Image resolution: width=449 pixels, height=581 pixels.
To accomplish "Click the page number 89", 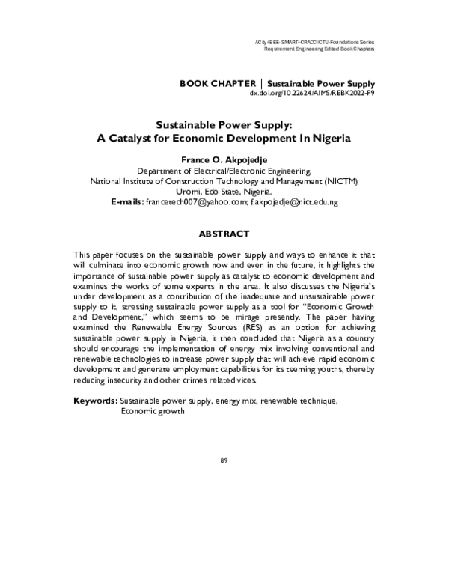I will (x=224, y=459).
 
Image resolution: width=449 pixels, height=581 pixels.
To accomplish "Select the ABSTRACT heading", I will (x=224, y=234).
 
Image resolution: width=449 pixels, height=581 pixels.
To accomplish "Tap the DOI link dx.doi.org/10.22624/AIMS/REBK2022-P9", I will (x=312, y=94).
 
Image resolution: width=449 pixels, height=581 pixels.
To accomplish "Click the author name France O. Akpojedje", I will (x=224, y=159).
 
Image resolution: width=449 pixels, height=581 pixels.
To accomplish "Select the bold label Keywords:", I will (x=95, y=401).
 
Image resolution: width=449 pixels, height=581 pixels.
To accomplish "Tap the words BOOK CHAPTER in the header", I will (x=218, y=82).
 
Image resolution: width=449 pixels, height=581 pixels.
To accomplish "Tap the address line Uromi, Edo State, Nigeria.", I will (x=224, y=192).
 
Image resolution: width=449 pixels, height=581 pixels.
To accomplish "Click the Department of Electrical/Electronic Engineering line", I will (x=224, y=171).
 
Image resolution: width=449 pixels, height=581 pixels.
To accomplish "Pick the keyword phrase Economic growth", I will (x=153, y=411).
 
